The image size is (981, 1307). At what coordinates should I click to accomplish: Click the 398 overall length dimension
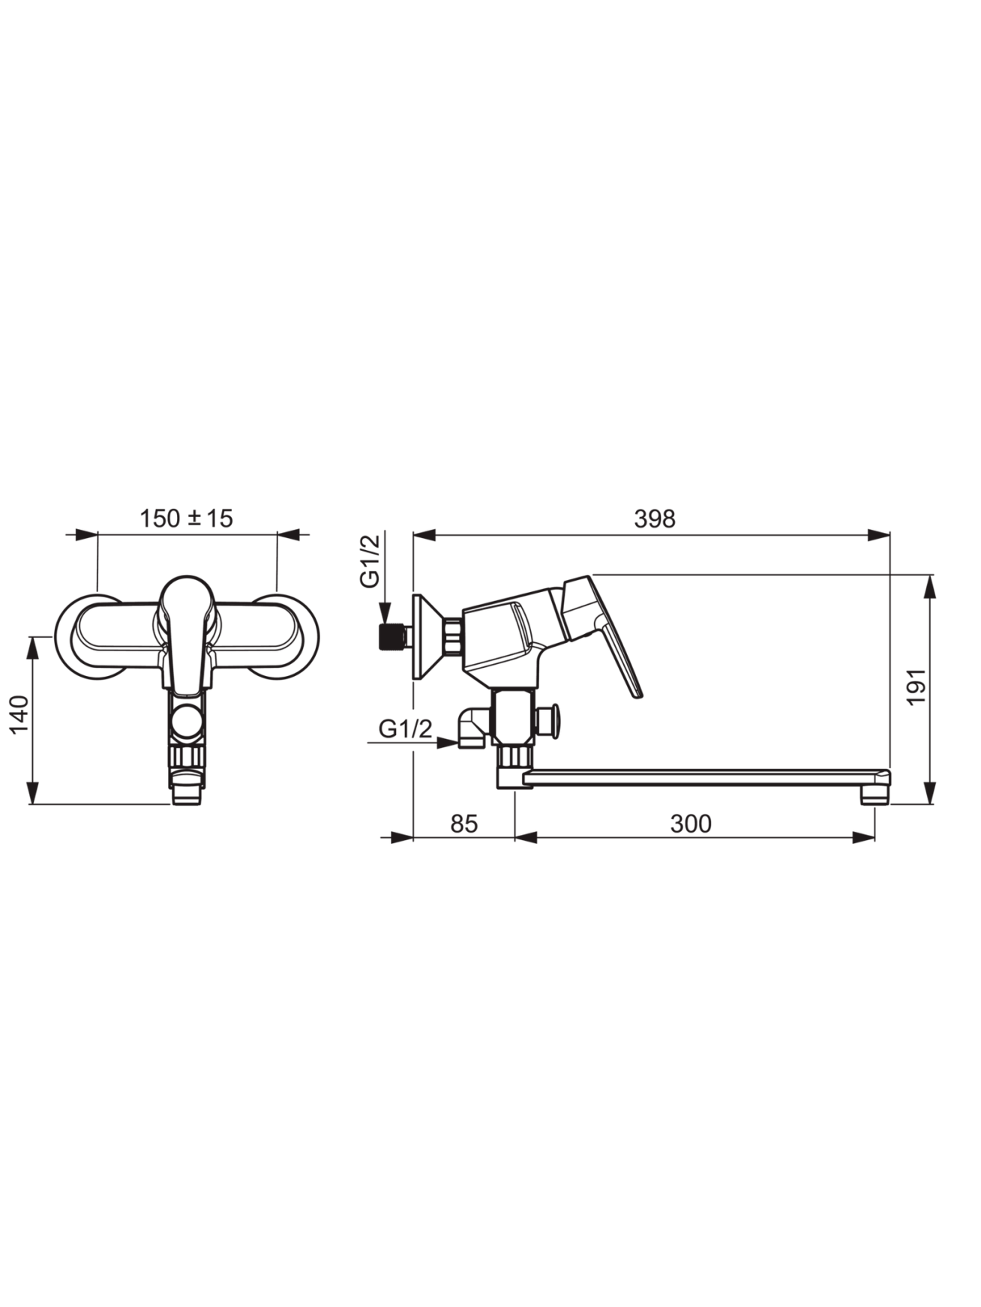654,519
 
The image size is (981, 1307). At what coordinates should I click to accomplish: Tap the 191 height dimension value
916,687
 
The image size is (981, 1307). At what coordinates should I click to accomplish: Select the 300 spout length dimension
690,824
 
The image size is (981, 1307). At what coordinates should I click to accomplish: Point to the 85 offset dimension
463,824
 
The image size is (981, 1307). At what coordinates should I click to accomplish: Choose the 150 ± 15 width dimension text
187,518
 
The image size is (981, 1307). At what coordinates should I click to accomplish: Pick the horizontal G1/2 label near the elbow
406,729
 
